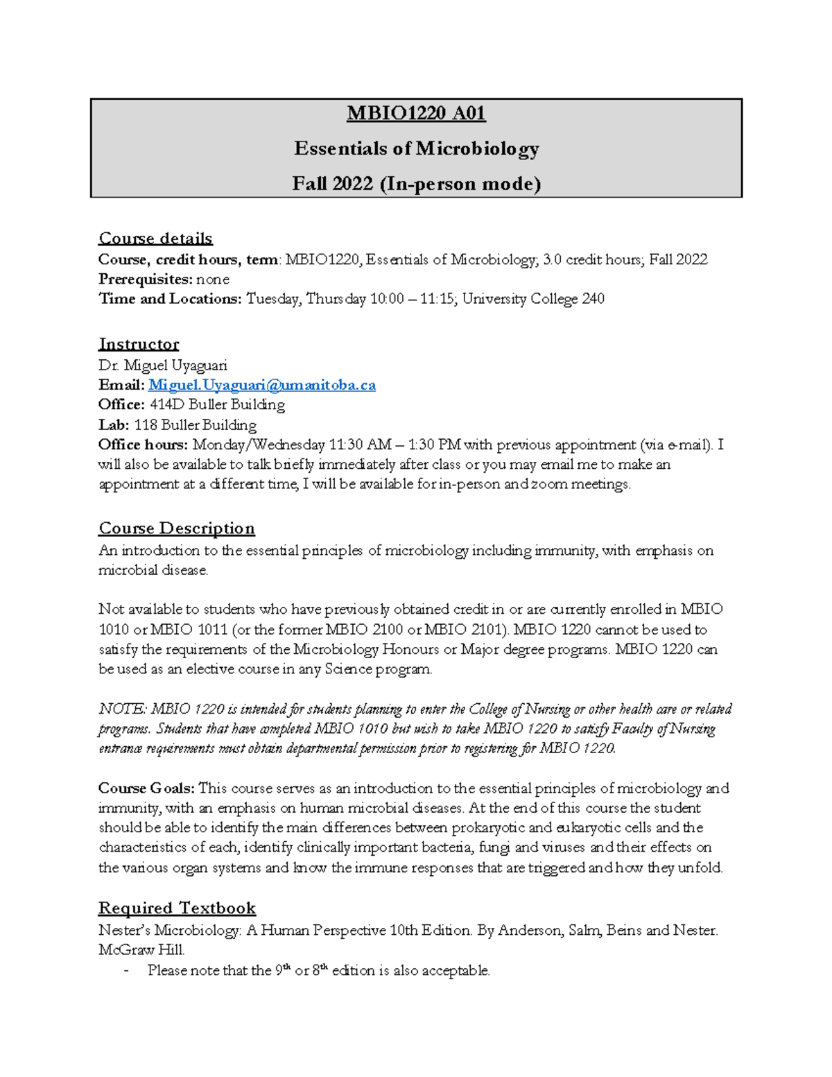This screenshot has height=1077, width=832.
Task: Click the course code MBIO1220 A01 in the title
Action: [x=416, y=112]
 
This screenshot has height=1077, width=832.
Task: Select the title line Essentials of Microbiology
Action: [x=416, y=148]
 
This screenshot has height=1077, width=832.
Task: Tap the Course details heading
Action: [x=155, y=239]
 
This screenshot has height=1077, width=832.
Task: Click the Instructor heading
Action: [x=139, y=345]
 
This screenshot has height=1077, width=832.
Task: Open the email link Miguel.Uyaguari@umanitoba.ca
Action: [x=262, y=385]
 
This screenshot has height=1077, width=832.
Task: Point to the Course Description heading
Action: [x=177, y=528]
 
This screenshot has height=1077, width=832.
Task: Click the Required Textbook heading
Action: [x=177, y=908]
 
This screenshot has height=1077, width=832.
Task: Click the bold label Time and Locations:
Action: [x=170, y=299]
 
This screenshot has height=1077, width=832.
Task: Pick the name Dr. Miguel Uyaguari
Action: [x=163, y=365]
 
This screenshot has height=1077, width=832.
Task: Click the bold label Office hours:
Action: [x=143, y=445]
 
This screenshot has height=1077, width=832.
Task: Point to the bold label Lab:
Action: [x=114, y=425]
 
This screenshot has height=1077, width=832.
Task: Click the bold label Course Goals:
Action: [x=146, y=789]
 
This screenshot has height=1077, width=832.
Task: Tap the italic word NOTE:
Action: [x=122, y=709]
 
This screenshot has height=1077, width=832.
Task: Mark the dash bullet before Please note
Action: [x=125, y=971]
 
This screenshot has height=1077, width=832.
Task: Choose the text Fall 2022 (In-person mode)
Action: [x=416, y=184]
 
